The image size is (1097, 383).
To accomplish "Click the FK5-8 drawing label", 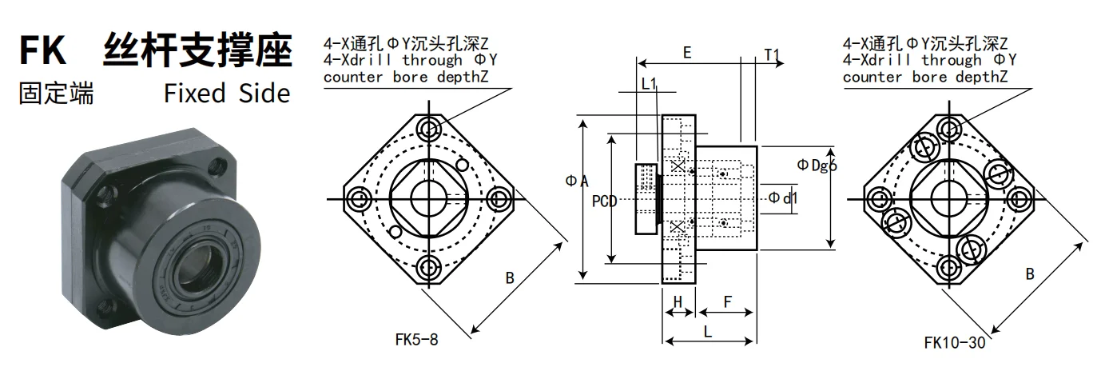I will (x=416, y=338).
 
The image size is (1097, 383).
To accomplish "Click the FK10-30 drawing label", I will (x=953, y=342).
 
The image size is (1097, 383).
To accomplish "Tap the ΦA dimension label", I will (x=576, y=182).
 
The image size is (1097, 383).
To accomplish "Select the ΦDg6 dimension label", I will (x=817, y=166).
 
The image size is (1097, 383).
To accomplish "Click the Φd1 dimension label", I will (x=784, y=197).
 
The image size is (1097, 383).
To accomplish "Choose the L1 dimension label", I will (x=649, y=83).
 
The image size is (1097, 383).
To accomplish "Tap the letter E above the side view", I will (x=687, y=54).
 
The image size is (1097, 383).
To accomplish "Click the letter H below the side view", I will (x=678, y=301).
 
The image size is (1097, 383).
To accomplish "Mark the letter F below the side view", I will (x=727, y=301).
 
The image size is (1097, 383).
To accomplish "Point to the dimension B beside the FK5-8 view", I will (x=510, y=278).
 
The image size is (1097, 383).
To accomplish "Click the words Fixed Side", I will (x=227, y=94).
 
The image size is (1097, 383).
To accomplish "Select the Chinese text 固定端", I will (x=56, y=94).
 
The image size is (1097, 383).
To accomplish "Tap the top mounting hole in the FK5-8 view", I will (x=431, y=129).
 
